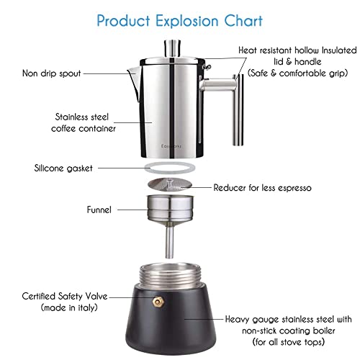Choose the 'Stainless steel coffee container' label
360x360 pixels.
(84, 122)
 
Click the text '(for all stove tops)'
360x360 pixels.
(287, 342)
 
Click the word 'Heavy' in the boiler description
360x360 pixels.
(239, 318)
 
